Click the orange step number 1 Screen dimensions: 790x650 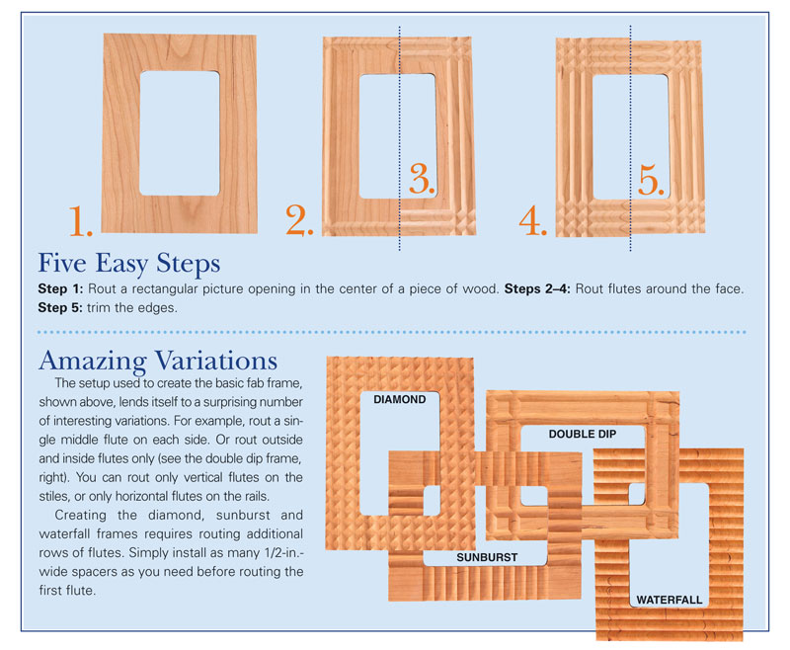click(81, 220)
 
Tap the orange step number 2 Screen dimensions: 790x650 click(299, 219)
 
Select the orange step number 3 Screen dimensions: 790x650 click(422, 179)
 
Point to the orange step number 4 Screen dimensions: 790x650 click(533, 220)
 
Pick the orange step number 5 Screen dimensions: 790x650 click(652, 180)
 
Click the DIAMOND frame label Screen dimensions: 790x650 click(400, 399)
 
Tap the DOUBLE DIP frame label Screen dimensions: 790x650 click(583, 434)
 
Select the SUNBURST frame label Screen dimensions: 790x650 click(487, 557)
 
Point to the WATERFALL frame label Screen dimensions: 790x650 click(670, 600)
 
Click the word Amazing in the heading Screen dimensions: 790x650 click(93, 362)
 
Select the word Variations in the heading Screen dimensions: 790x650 click(216, 361)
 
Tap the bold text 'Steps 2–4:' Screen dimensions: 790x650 click(537, 288)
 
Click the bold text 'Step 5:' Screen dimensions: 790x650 click(60, 307)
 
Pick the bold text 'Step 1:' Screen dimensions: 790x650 click(60, 288)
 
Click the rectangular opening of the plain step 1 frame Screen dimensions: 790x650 click(180, 133)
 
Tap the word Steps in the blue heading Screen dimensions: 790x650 click(188, 264)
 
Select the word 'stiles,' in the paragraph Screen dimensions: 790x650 click(55, 496)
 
